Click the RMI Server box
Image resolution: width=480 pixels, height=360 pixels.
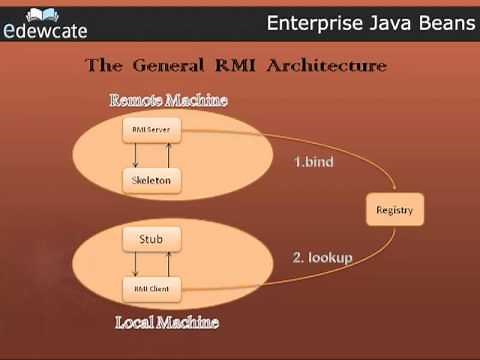[x=153, y=131]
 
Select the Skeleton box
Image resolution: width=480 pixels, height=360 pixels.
[x=153, y=180]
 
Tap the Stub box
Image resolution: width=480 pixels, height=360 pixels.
[x=153, y=240]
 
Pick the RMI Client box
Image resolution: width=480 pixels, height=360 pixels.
[x=153, y=289]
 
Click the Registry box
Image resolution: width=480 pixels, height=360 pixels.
[x=394, y=211]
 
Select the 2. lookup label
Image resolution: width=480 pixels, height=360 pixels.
[x=323, y=257]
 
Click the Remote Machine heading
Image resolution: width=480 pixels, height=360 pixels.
[x=168, y=100]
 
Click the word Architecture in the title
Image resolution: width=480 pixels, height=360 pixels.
[x=332, y=66]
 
